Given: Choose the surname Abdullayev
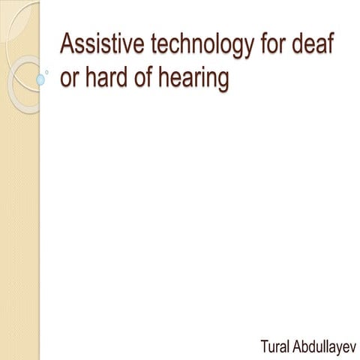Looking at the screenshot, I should pyautogui.click(x=324, y=347).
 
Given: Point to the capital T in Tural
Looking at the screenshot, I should pyautogui.click(x=263, y=346).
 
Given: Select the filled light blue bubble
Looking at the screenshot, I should pyautogui.click(x=40, y=78).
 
